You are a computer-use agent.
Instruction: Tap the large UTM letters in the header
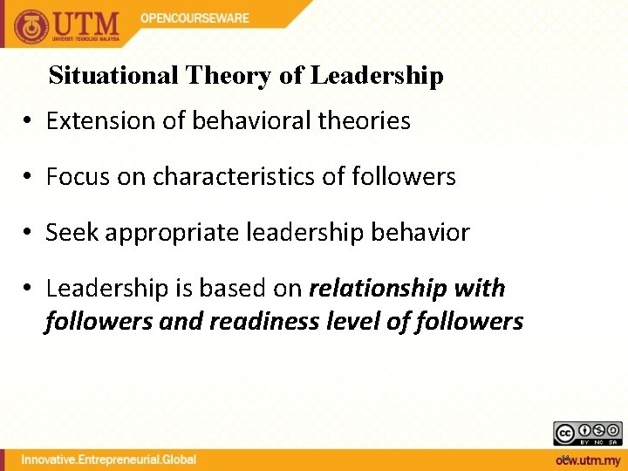pyautogui.click(x=88, y=23)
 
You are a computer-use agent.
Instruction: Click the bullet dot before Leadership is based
pyautogui.click(x=29, y=289)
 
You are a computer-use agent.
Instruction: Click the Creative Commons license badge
pyautogui.click(x=587, y=433)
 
